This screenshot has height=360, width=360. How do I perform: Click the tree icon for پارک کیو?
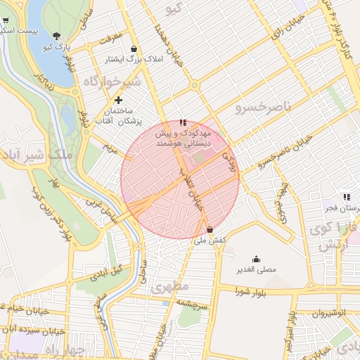56,36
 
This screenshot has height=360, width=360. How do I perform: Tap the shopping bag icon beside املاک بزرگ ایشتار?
134,49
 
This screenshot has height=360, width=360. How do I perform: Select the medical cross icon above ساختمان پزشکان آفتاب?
128,100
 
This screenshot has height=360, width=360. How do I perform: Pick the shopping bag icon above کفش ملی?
210,229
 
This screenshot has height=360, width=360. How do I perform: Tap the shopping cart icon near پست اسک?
6,21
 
